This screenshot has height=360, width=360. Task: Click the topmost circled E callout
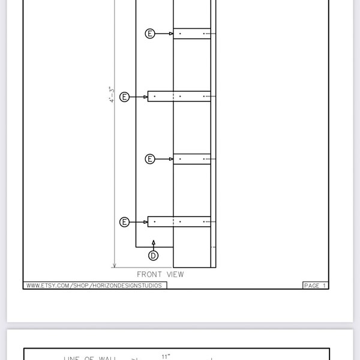click(151, 34)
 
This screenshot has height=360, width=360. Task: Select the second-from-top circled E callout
click(125, 97)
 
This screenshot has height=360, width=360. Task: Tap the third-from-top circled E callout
click(151, 159)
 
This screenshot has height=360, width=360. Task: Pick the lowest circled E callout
click(125, 222)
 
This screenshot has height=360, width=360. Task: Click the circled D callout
click(154, 256)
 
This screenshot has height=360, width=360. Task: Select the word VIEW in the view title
click(175, 274)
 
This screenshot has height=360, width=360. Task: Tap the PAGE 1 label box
click(316, 286)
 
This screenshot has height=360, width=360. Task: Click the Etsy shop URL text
click(95, 286)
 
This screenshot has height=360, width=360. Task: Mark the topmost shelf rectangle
click(192, 34)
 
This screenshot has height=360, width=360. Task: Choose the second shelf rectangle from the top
click(179, 96)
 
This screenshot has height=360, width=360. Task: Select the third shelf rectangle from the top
click(192, 159)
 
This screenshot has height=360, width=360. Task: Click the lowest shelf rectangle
click(179, 222)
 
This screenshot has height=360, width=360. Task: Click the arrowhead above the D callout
click(154, 243)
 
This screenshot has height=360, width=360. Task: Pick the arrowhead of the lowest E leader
click(145, 222)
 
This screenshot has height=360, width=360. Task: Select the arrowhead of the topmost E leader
click(171, 34)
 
